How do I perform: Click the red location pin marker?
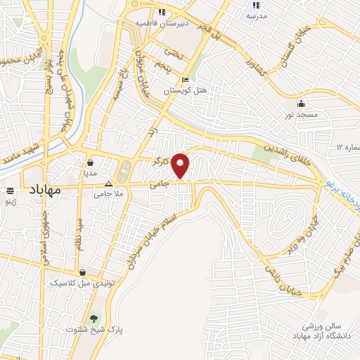(x=181, y=165)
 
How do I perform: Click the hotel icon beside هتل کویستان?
(x=185, y=79)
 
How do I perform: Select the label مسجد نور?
(x=302, y=113)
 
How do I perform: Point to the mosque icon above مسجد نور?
(x=302, y=102)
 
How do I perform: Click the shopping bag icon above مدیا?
(x=92, y=162)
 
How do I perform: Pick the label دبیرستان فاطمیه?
(x=164, y=23)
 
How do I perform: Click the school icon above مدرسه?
(x=256, y=4)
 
